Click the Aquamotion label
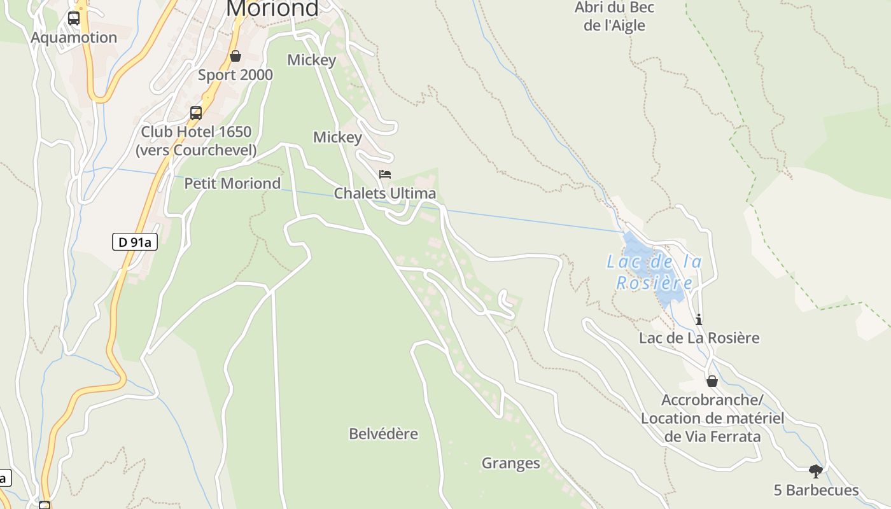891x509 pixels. click(x=74, y=38)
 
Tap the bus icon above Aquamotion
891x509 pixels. click(x=74, y=18)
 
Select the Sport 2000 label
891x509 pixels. click(x=235, y=75)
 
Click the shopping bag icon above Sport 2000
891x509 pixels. click(x=235, y=56)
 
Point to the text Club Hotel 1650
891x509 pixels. click(x=196, y=132)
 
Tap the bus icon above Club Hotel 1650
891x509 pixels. click(x=196, y=113)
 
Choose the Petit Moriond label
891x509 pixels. click(x=232, y=184)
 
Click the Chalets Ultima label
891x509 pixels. click(x=385, y=193)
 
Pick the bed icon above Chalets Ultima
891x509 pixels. click(x=385, y=174)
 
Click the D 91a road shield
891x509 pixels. click(x=135, y=242)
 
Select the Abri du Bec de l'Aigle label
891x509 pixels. click(x=614, y=17)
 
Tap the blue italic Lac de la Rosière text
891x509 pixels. click(x=654, y=272)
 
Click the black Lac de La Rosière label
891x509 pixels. click(x=699, y=338)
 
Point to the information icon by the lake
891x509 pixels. click(x=699, y=319)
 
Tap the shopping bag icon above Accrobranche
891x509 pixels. click(x=712, y=381)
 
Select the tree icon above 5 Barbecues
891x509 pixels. click(x=816, y=471)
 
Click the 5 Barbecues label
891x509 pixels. click(x=816, y=491)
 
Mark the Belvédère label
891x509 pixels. click(x=383, y=434)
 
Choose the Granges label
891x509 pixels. click(x=510, y=463)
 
